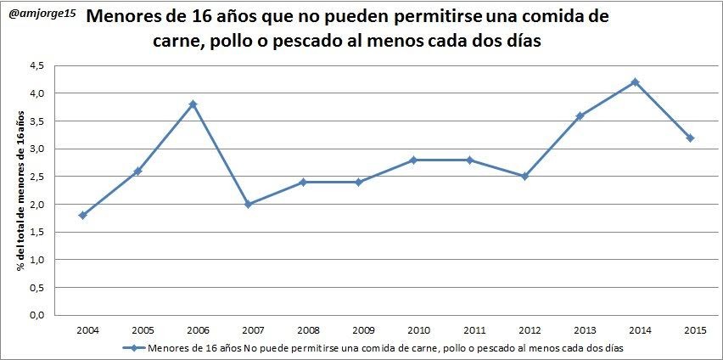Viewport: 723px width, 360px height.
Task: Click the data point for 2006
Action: pos(193,104)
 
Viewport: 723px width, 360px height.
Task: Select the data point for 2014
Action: pos(635,82)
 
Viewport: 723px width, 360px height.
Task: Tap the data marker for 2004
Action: pos(83,216)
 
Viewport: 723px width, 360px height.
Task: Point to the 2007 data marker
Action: pos(249,205)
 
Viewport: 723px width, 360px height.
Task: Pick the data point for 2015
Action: pos(690,138)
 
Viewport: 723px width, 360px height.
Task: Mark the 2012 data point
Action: pos(524,177)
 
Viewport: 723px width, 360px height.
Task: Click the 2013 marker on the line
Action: pos(580,115)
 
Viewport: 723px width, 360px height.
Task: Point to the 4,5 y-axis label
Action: pos(37,65)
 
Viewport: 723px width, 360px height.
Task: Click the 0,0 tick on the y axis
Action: pos(37,315)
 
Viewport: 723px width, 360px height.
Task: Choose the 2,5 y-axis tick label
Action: pos(37,177)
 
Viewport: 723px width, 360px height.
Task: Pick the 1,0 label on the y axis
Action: pos(37,260)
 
